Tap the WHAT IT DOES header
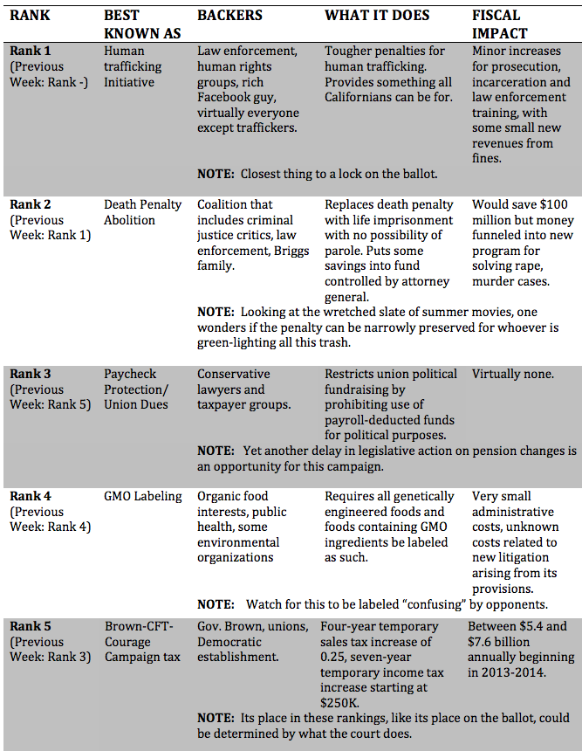click(377, 16)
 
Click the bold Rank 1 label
click(31, 51)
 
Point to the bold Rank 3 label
click(31, 374)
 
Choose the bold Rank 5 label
click(31, 625)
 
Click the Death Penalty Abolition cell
click(143, 212)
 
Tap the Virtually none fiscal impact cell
click(513, 374)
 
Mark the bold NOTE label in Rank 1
click(215, 174)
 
